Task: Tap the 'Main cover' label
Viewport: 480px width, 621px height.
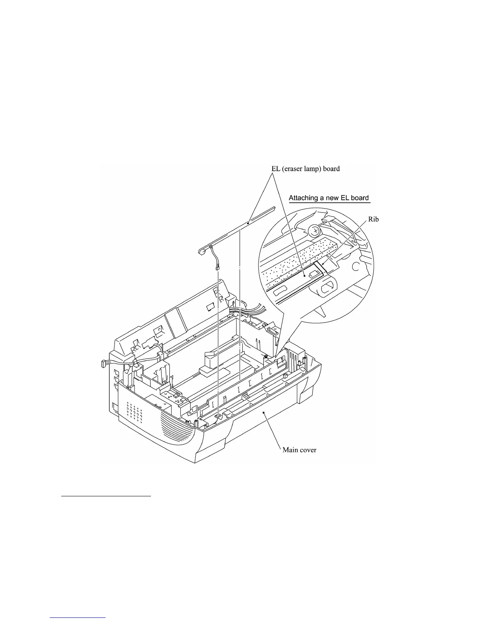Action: coord(299,450)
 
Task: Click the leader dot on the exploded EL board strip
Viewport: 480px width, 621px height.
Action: coord(249,222)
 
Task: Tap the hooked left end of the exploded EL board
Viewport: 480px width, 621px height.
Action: coord(202,251)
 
